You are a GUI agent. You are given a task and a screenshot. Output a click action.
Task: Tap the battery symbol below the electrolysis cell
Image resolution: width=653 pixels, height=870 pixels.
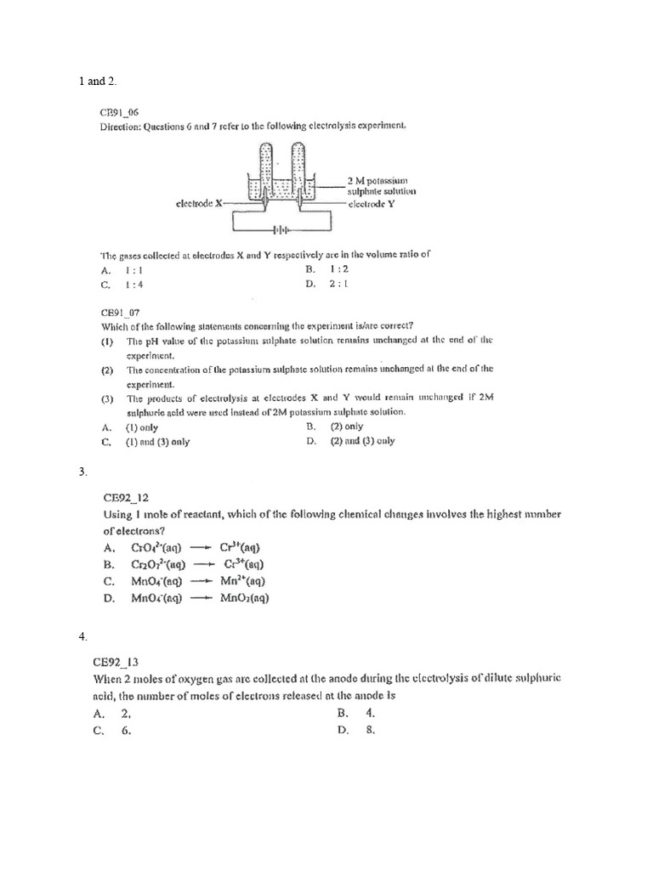[280, 229]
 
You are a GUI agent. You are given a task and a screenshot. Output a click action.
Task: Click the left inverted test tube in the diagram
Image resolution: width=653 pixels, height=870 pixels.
[267, 170]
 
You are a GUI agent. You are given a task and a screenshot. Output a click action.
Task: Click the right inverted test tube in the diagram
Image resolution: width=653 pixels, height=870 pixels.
[298, 170]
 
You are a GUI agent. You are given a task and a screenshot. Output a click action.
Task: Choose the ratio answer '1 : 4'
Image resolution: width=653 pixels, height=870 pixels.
[133, 285]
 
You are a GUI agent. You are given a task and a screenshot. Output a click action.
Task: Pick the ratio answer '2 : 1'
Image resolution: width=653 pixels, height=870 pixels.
[338, 285]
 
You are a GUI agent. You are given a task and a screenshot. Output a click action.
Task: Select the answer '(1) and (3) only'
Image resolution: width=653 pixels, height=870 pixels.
[157, 442]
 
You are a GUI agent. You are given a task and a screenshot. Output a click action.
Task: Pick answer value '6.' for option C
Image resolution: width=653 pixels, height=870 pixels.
[126, 730]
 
